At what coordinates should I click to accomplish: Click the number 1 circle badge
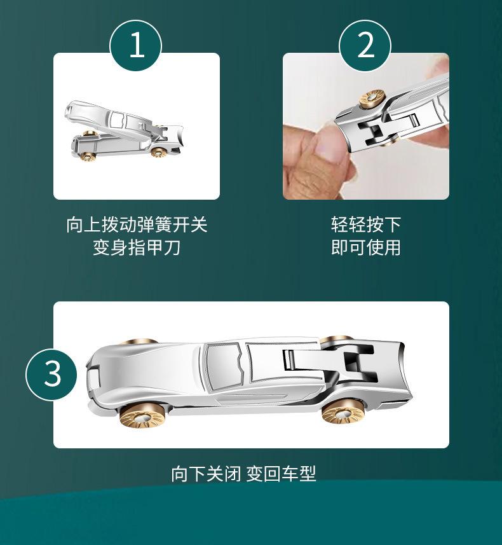[x=136, y=46]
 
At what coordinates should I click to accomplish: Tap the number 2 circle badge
[x=365, y=46]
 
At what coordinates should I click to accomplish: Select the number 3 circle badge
[x=51, y=374]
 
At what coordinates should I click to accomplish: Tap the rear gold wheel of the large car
[x=343, y=411]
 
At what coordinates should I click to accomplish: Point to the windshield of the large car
[x=223, y=362]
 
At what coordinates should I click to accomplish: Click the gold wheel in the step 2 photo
[x=372, y=99]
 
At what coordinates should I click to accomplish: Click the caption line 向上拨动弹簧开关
[x=137, y=224]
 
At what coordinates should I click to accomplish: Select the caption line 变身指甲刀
[x=137, y=247]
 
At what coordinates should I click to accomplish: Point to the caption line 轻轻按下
[x=366, y=224]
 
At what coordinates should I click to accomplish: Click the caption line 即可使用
[x=366, y=247]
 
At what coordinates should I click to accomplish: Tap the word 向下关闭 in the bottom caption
[x=206, y=473]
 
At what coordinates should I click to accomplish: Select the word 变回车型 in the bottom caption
[x=282, y=473]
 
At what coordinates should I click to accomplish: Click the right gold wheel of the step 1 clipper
[x=159, y=152]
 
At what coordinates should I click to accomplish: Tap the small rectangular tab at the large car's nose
[x=93, y=379]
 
